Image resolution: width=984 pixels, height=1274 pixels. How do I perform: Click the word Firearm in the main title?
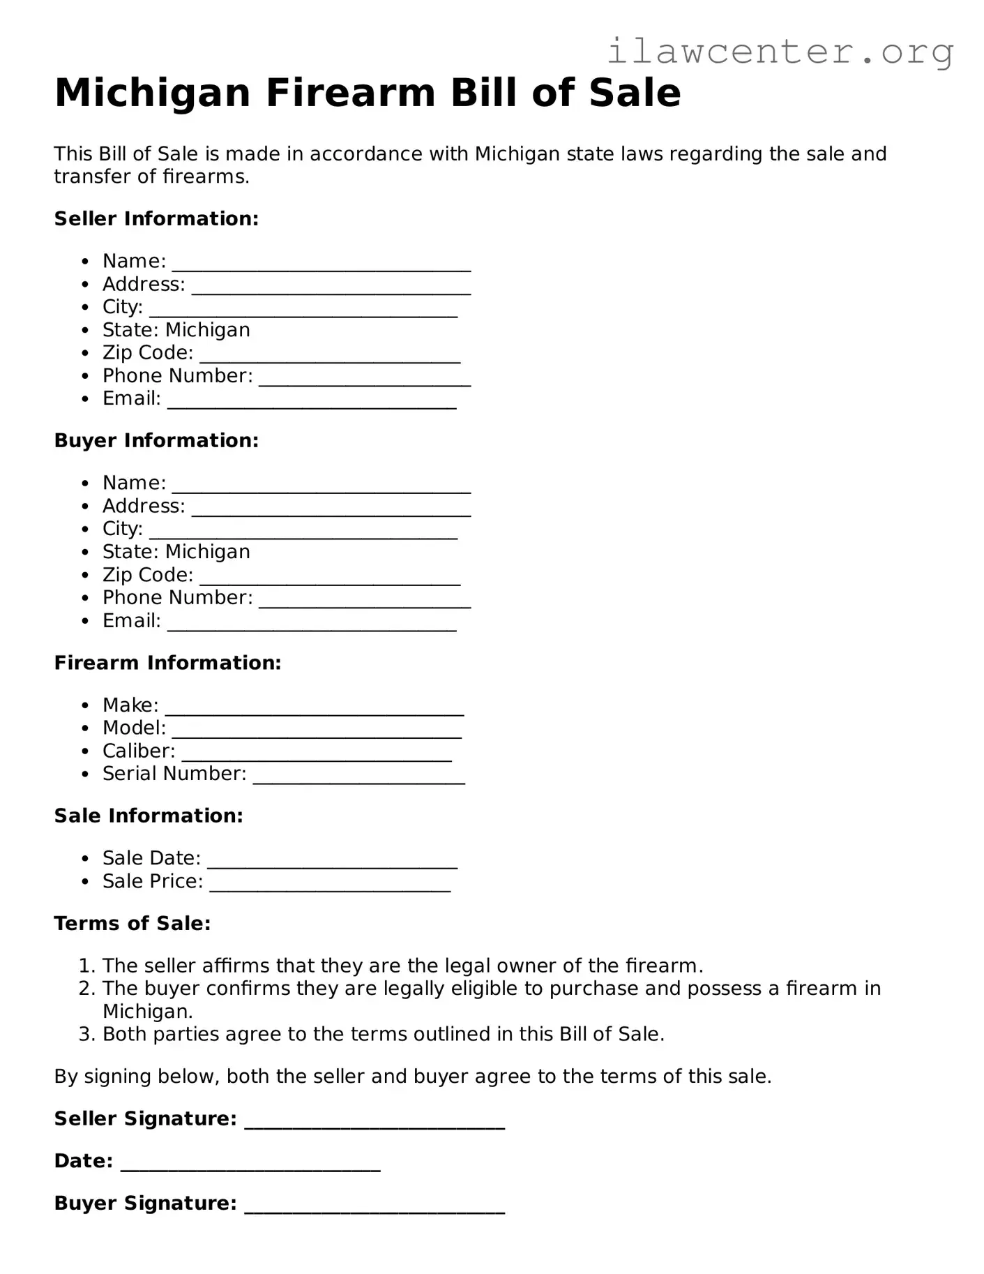coord(351,93)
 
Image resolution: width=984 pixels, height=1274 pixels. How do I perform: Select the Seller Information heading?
coord(156,218)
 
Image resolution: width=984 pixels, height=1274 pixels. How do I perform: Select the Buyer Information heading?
coord(156,440)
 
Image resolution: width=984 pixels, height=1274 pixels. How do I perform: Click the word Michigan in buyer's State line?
coord(208,552)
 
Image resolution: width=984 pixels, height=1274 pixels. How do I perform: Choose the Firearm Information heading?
coord(167,662)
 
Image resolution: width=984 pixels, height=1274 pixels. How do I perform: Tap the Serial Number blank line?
coord(358,779)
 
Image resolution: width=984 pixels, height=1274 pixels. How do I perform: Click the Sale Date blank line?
coord(333,864)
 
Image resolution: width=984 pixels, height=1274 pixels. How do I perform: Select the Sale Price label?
coord(153,881)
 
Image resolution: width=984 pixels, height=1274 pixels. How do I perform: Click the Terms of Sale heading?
coord(133,923)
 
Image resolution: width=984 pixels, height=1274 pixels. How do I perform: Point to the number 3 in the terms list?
coord(86,1034)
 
